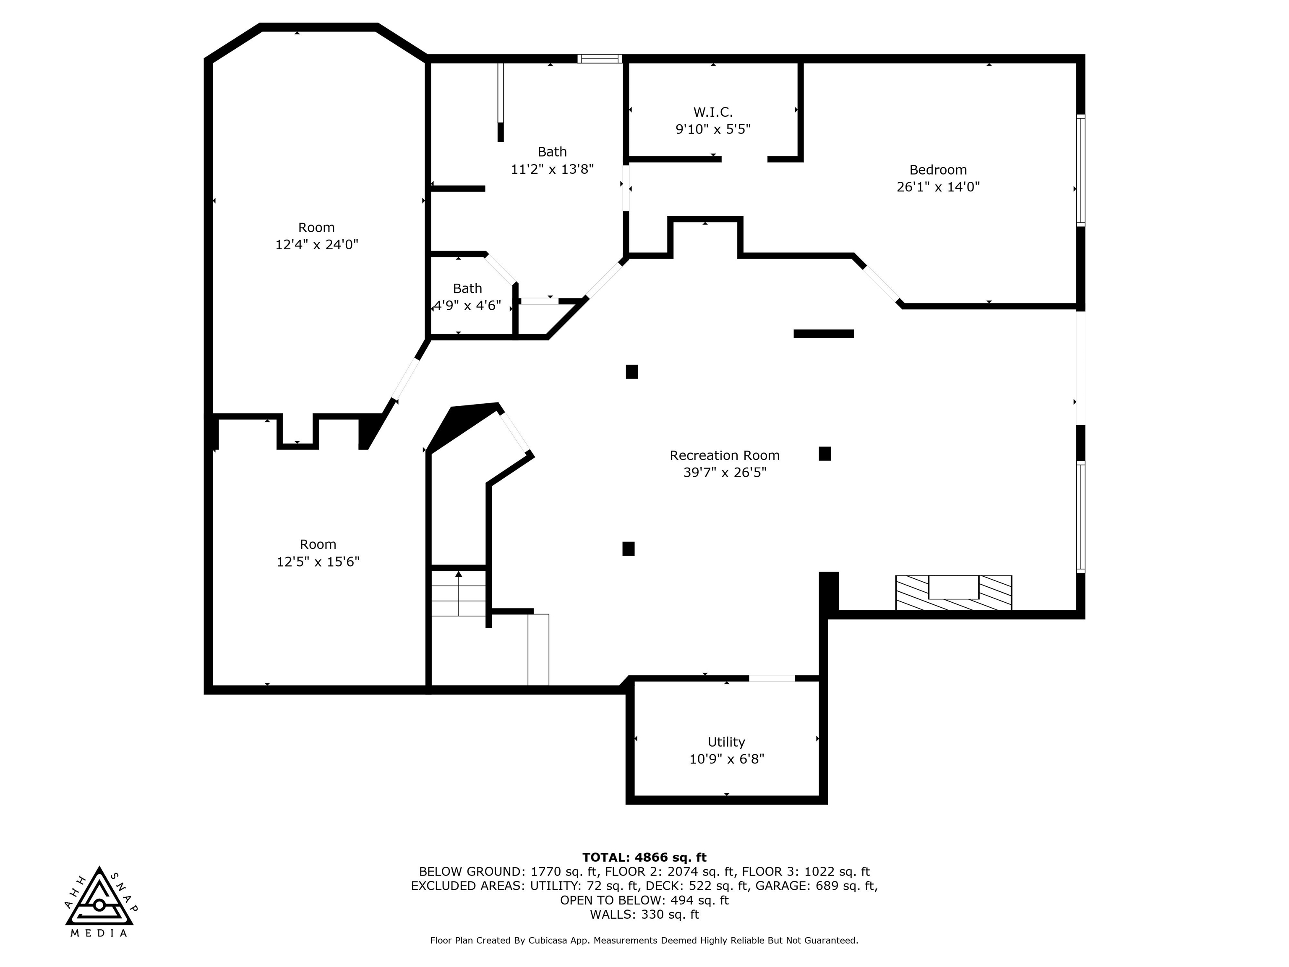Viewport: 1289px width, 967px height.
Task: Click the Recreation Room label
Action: tap(724, 455)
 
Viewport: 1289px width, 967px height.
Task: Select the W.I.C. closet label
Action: tap(712, 112)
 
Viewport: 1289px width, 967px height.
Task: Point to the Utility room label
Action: tap(726, 742)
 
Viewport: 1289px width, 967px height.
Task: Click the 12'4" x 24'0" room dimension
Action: tap(316, 244)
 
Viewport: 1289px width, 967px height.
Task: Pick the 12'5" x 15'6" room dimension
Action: tap(318, 561)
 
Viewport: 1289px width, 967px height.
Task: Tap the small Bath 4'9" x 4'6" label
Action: tap(467, 288)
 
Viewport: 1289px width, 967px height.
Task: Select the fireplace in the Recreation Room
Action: tap(953, 593)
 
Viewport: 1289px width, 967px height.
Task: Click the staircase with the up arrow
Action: tap(459, 593)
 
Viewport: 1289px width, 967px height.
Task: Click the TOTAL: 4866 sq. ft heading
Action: tap(644, 857)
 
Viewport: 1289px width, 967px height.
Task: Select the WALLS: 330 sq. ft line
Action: tap(644, 914)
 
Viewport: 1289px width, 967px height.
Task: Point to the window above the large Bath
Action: tap(600, 58)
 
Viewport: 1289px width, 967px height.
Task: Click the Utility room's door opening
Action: tap(772, 678)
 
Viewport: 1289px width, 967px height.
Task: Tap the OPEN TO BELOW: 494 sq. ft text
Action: tap(644, 900)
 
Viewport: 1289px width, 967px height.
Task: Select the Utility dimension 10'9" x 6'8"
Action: tap(727, 759)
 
